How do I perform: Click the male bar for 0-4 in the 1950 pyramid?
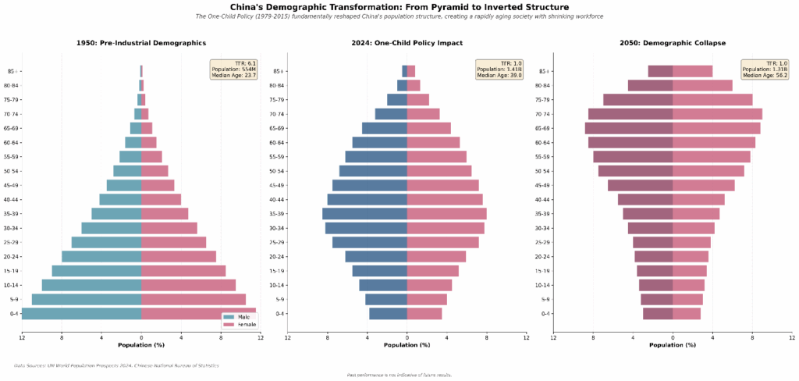pyautogui.click(x=82, y=314)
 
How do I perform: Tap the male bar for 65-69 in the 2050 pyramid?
pyautogui.click(x=629, y=128)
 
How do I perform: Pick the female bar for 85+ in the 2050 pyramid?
pyautogui.click(x=692, y=71)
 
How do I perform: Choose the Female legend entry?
pyautogui.click(x=238, y=324)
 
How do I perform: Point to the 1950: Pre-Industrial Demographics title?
pyautogui.click(x=141, y=43)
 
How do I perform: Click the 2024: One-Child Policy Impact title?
pyautogui.click(x=407, y=43)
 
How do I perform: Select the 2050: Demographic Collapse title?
pyautogui.click(x=673, y=43)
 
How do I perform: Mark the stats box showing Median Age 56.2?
pyautogui.click(x=765, y=69)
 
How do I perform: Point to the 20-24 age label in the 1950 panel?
pyautogui.click(x=11, y=257)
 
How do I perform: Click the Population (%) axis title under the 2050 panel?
pyautogui.click(x=673, y=344)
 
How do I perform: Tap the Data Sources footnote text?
pyautogui.click(x=116, y=365)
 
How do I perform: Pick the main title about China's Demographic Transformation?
pyautogui.click(x=399, y=7)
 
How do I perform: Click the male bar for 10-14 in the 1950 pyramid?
pyautogui.click(x=91, y=285)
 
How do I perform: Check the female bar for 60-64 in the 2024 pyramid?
pyautogui.click(x=433, y=142)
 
